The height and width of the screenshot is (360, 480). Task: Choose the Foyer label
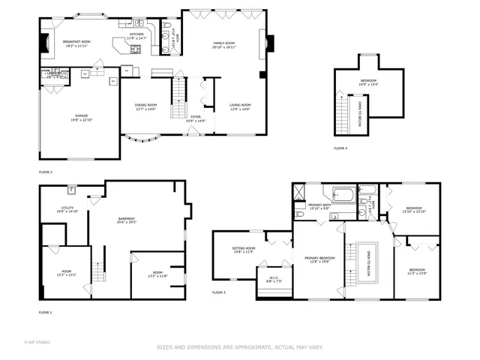click(x=195, y=118)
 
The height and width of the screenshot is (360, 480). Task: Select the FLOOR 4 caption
click(x=340, y=148)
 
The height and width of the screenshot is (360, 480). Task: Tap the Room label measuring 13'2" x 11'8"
click(x=157, y=274)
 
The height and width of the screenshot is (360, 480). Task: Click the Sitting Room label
click(x=243, y=249)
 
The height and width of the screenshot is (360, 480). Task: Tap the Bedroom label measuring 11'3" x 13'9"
click(x=416, y=271)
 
